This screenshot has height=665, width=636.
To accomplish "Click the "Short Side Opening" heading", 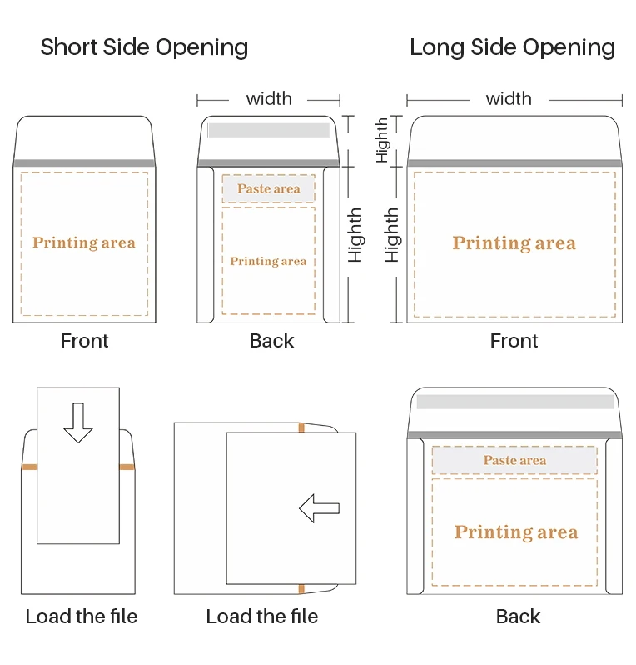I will (x=144, y=47).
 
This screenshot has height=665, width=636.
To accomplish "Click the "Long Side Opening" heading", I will (x=512, y=47).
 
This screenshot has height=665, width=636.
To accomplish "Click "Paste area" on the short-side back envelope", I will (x=268, y=189).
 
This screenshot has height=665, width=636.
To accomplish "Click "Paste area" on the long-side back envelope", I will (x=514, y=460).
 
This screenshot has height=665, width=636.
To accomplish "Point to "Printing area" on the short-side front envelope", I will (x=83, y=242).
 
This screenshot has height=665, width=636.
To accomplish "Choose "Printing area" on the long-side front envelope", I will (x=514, y=243).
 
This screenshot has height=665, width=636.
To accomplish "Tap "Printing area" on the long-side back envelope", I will (x=515, y=532).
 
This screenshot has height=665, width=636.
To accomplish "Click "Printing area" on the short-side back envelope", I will (x=268, y=261).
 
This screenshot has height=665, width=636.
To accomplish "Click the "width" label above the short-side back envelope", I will (x=269, y=99).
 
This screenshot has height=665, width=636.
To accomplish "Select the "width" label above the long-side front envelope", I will (x=509, y=99).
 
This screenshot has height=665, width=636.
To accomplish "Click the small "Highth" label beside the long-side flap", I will (x=382, y=139).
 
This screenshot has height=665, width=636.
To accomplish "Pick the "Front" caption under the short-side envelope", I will (x=84, y=341).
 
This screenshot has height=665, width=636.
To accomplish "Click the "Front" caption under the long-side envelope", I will (x=514, y=341).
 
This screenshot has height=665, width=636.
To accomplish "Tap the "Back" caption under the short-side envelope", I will (x=271, y=341).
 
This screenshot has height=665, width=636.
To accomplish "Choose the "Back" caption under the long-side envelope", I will (x=518, y=617).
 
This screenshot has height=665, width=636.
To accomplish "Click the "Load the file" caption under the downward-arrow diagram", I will (x=81, y=617).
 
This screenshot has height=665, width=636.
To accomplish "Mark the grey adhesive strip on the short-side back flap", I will (x=268, y=130).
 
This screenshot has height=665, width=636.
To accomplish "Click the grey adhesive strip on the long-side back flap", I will (x=514, y=402).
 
